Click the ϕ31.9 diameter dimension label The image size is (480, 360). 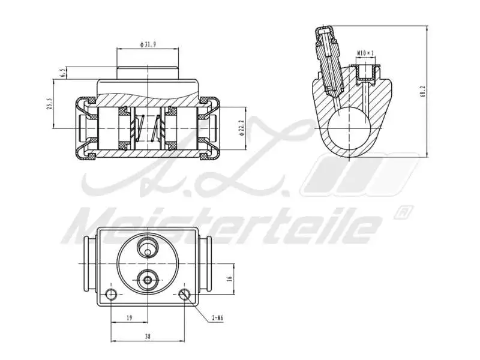(x=148, y=45)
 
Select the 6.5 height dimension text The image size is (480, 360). (x=62, y=73)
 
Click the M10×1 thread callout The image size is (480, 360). (x=365, y=53)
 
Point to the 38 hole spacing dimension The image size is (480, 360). (x=148, y=337)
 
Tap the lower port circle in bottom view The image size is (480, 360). (x=148, y=279)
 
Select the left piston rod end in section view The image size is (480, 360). (x=88, y=127)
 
